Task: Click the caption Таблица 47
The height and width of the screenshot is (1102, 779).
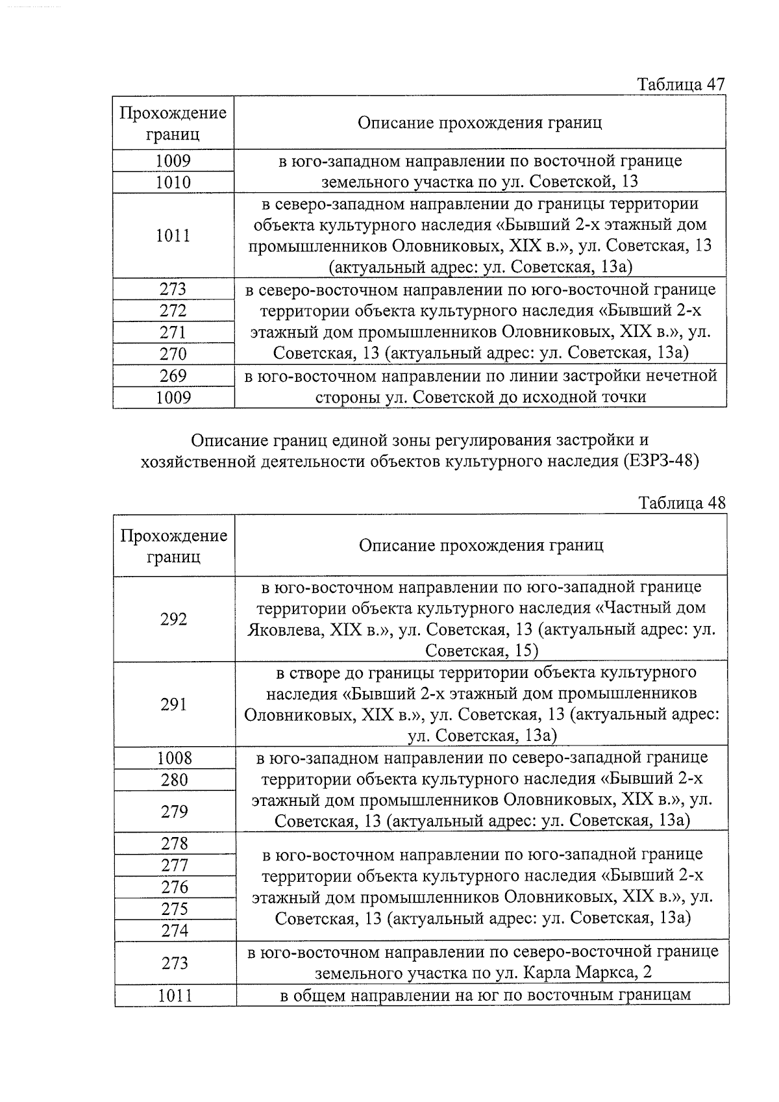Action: pos(680,84)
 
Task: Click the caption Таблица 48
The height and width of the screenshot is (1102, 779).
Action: pos(682,503)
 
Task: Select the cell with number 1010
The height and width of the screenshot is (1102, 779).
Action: pos(173,182)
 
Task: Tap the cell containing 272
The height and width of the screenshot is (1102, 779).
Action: pos(173,310)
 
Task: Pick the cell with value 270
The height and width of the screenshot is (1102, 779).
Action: pos(173,354)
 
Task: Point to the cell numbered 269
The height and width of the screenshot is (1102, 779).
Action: pos(173,376)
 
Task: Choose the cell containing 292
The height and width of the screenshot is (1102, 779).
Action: pos(174,620)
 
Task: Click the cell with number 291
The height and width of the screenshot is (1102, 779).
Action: pos(174,705)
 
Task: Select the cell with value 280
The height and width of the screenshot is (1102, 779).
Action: pos(175,780)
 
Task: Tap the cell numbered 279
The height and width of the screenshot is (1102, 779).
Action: pos(175,812)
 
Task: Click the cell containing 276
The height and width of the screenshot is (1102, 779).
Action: pos(175,887)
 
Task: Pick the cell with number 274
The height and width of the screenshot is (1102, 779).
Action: pos(175,931)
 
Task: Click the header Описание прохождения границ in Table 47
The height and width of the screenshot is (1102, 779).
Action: pos(480,123)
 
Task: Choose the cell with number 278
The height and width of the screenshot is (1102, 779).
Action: pos(175,844)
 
